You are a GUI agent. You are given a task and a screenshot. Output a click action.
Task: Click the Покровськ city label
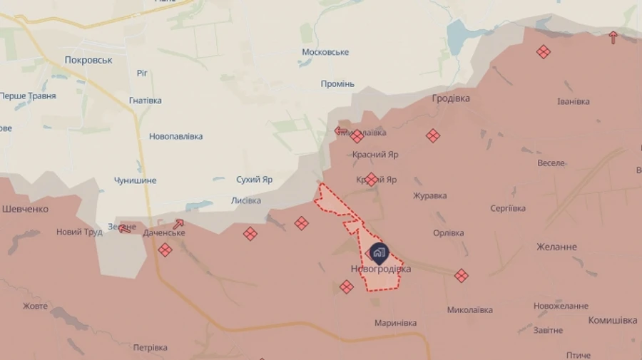88,60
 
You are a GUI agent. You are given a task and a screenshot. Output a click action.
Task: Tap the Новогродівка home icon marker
379,252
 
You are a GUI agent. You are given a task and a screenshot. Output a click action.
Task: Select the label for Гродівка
451,98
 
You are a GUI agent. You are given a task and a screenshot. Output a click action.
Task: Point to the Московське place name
325,52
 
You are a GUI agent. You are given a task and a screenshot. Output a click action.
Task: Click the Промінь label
337,83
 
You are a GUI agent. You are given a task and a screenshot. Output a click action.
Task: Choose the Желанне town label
556,247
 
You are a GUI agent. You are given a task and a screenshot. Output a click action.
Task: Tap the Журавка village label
430,195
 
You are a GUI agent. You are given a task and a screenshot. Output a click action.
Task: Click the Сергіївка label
508,208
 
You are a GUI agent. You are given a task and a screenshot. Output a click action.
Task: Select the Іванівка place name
574,101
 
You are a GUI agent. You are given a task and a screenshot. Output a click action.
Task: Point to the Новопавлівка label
176,136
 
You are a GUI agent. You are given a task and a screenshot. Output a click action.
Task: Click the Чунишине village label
135,180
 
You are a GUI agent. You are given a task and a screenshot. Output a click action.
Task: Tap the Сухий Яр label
255,180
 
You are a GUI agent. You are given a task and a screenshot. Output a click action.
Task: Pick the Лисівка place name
246,200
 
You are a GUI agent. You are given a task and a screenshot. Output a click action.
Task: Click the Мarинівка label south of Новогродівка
395,323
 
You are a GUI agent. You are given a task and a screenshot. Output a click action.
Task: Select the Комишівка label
612,320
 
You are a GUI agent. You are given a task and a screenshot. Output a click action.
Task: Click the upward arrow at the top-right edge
613,37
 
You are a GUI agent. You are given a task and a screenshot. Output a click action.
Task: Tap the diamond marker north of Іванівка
544,51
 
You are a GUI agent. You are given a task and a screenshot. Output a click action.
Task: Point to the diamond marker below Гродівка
433,135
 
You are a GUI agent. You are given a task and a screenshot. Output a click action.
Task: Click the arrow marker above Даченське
178,224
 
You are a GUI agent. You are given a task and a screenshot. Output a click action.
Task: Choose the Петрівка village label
150,347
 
